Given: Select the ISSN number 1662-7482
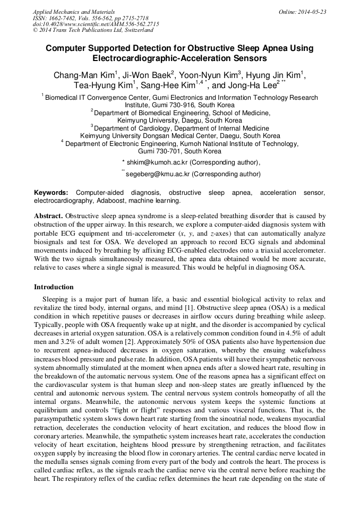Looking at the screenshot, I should (x=68, y=18).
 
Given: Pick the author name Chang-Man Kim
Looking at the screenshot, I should (x=83, y=75).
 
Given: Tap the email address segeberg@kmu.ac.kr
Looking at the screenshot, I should (x=158, y=173).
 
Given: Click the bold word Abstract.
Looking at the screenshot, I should (x=49, y=216).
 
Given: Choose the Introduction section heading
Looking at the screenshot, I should (x=54, y=287).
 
